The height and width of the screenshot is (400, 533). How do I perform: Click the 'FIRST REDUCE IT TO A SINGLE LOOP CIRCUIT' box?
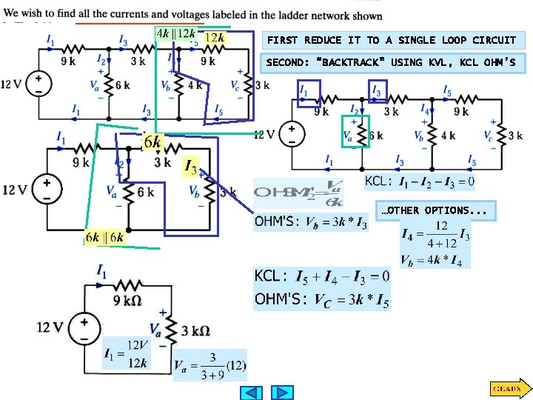tap(392, 40)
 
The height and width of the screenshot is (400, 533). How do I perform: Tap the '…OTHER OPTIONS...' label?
tap(434, 210)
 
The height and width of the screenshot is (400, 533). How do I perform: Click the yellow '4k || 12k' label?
tap(176, 33)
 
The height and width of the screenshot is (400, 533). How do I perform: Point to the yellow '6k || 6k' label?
tap(104, 238)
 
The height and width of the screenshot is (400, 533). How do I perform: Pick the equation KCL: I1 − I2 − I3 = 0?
tap(420, 181)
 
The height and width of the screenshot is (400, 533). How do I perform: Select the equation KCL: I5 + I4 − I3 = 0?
tap(321, 277)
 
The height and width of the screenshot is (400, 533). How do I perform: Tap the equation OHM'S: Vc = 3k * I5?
tap(321, 299)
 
